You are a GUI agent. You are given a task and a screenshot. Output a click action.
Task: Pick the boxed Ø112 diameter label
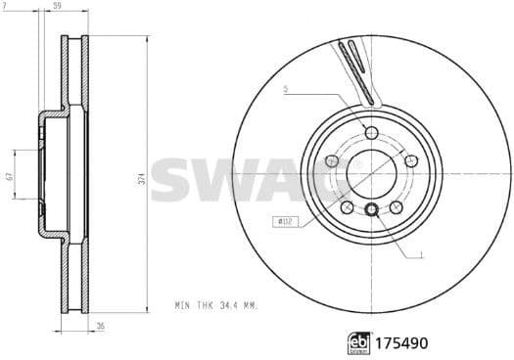pos(284,223)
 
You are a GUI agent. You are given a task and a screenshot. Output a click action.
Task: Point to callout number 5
pos(284,91)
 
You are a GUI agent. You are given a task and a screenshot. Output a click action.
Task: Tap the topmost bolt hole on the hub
pos(371,134)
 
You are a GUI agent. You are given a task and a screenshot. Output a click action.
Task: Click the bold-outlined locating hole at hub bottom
pos(371,209)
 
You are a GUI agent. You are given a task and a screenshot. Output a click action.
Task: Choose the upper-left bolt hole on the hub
pos(332,161)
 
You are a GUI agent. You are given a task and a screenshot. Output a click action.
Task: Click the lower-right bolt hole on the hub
pos(396,206)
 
